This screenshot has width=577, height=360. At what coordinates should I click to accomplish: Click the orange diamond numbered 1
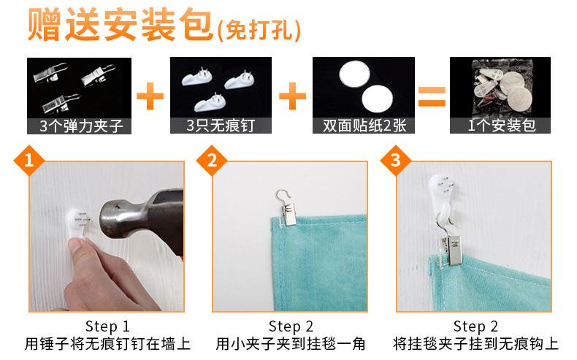tap(28, 161)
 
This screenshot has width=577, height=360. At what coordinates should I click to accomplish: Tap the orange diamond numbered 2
tap(212, 161)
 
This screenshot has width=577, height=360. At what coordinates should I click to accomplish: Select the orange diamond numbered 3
tap(396, 161)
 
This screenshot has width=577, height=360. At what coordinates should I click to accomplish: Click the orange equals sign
tap(432, 96)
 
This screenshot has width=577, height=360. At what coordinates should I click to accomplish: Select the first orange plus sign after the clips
tap(150, 96)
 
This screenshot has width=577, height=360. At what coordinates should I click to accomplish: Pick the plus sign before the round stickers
tap(293, 96)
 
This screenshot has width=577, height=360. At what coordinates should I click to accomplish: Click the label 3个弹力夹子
tap(80, 126)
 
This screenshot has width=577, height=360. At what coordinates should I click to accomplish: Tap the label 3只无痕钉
tap(221, 126)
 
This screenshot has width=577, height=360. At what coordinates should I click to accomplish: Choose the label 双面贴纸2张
tap(364, 126)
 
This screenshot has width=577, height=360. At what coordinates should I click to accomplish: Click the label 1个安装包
tap(501, 126)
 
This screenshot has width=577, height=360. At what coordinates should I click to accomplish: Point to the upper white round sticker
tap(354, 74)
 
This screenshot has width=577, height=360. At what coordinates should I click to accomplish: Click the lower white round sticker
tap(377, 99)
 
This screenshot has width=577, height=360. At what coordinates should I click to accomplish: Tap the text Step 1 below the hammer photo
tap(107, 326)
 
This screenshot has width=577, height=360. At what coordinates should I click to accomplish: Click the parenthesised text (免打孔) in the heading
tap(259, 30)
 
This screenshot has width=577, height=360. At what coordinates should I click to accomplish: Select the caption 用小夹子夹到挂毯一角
tap(291, 344)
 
